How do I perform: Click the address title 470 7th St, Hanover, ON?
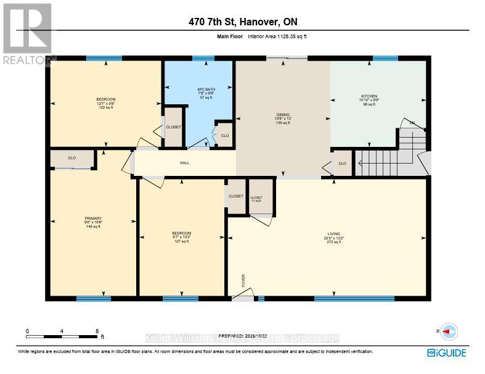[x=242, y=22]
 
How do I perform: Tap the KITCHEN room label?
[x=369, y=96]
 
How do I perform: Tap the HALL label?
[x=184, y=163]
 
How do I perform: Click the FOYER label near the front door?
[x=244, y=280]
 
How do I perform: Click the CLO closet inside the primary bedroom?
[x=72, y=159]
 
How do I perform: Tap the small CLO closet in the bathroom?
[x=225, y=135]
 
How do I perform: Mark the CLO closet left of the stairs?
[x=342, y=163]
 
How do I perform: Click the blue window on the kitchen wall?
[x=385, y=58]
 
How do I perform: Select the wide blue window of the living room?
[x=354, y=299]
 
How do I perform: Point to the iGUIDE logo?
[x=447, y=353]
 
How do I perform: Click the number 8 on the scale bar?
[x=97, y=331]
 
